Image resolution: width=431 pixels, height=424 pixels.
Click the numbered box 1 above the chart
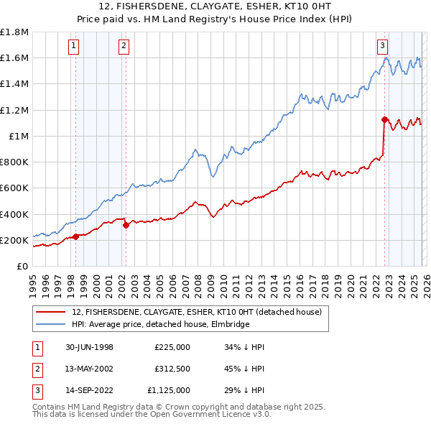(75, 46)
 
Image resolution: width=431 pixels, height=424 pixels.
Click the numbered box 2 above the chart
(124, 46)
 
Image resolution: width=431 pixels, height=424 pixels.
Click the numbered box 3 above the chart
(383, 46)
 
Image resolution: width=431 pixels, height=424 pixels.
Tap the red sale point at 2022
(384, 119)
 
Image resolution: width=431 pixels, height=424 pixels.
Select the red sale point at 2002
(126, 225)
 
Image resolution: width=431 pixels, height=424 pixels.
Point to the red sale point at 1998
(76, 236)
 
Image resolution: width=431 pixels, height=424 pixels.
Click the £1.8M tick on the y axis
(14, 32)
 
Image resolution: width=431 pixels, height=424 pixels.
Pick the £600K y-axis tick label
(14, 188)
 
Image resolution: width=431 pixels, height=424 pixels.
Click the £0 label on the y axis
(23, 266)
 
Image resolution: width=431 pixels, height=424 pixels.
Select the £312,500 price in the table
(172, 369)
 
